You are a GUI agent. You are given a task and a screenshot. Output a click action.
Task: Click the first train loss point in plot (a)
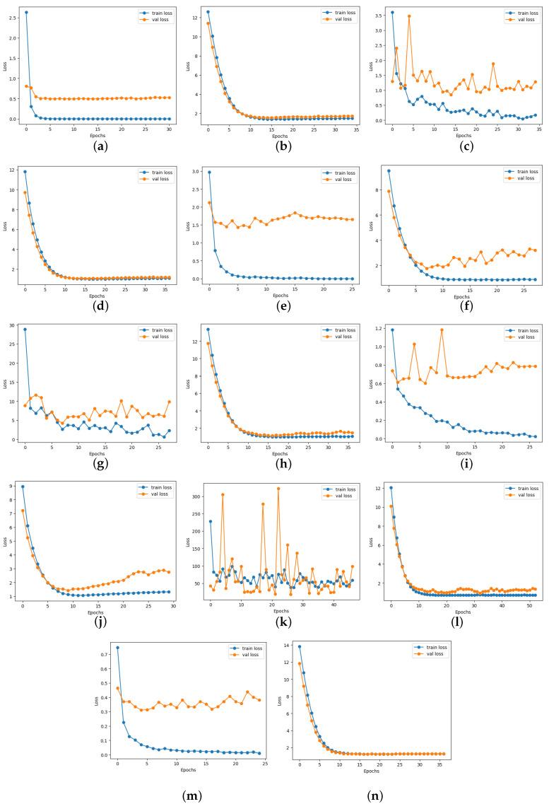click(x=26, y=12)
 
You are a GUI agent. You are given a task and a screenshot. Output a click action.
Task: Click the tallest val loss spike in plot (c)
click(x=409, y=16)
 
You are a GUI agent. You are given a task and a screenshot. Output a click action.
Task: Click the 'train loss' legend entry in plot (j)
click(x=158, y=489)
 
